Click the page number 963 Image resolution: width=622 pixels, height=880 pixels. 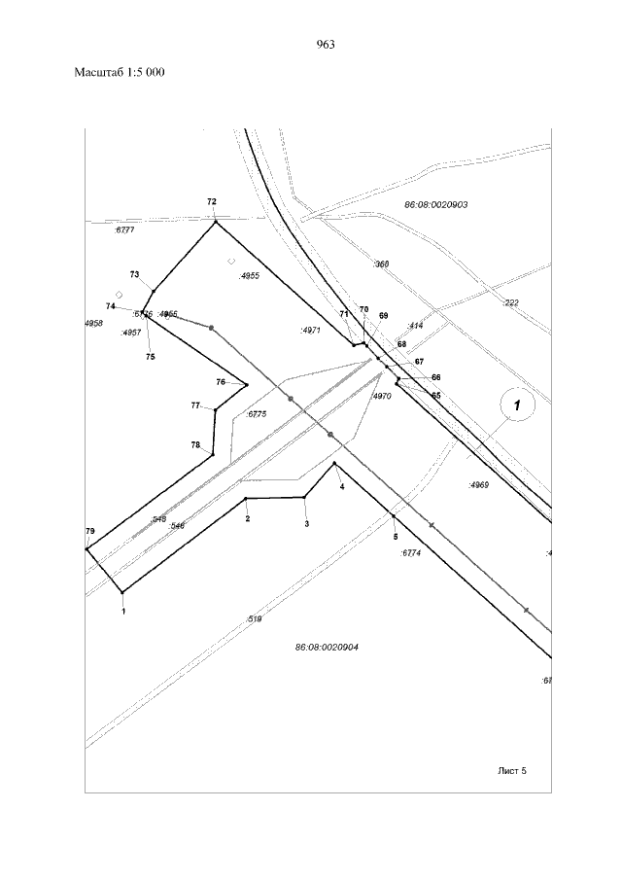[x=326, y=44]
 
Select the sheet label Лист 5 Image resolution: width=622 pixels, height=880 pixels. [x=511, y=770]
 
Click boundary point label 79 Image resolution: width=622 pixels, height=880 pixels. [x=89, y=531]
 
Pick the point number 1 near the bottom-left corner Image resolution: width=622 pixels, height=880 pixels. [x=123, y=612]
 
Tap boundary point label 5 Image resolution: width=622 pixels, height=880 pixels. [x=396, y=536]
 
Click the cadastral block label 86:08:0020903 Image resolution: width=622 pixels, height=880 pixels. [x=435, y=205]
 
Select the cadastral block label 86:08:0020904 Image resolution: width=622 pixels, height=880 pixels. [x=327, y=647]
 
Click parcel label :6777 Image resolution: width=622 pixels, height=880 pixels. [x=124, y=230]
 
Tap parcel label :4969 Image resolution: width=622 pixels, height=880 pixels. [x=477, y=483]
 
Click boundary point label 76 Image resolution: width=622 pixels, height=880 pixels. [x=221, y=382]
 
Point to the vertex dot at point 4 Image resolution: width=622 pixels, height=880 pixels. [x=334, y=464]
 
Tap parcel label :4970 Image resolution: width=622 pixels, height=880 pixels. [x=381, y=396]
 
